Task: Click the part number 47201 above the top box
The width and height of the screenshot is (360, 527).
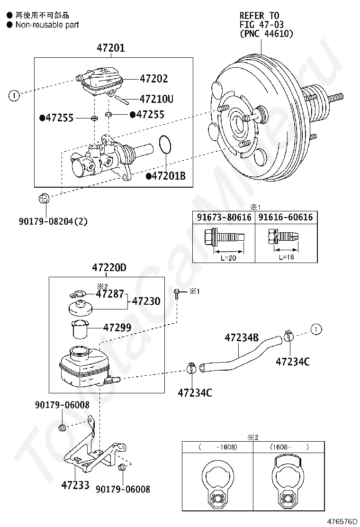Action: [x=110, y=48]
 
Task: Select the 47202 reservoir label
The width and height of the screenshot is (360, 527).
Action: [x=154, y=78]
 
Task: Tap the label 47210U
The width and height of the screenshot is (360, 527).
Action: [x=156, y=99]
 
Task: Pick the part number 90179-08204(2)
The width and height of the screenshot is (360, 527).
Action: [x=53, y=221]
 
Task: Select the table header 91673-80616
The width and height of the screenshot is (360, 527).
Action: [x=224, y=217]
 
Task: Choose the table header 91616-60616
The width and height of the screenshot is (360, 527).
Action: [x=286, y=217]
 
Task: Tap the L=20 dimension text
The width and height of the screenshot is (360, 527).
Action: [x=228, y=258]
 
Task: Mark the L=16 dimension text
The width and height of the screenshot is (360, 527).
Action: [x=286, y=257]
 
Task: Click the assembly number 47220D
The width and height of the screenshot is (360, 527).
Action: [x=109, y=268]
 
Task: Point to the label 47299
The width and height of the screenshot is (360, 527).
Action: [x=117, y=327]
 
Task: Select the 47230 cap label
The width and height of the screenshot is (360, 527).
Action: [x=146, y=301]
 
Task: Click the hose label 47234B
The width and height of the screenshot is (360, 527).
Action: [x=242, y=337]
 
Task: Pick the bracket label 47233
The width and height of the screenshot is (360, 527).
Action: [x=75, y=485]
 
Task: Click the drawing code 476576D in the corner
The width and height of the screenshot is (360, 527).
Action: [x=342, y=522]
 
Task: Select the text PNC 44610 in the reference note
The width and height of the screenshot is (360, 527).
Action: [x=267, y=34]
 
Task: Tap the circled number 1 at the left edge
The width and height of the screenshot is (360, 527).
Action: [x=14, y=96]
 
